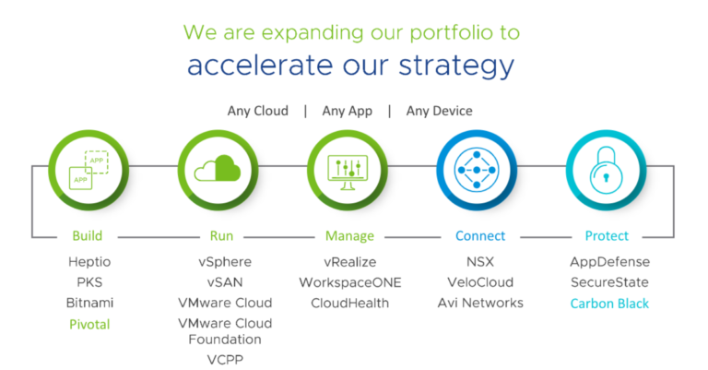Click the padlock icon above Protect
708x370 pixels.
pos(606,171)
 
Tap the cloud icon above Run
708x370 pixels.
pos(218,169)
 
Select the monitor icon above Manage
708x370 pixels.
pos(348,173)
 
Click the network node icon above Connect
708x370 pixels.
pos(477,171)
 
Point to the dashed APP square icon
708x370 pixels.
pos(97,162)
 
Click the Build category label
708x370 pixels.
pos(88,236)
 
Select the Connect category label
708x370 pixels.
pos(480,236)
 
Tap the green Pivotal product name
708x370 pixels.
pos(89,325)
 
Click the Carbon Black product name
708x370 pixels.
pos(609,304)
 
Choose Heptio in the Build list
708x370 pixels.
pos(89,262)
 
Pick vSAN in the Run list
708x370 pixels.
pos(225,282)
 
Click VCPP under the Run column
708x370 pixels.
pos(225,360)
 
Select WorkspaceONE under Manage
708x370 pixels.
pos(350,283)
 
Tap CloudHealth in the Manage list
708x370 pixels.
pos(349,304)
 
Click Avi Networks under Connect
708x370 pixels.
pos(480,304)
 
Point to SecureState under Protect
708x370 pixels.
pos(609,282)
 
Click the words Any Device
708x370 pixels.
pos(439,111)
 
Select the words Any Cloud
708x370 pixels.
pos(257,111)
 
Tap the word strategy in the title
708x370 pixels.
pos(456,66)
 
